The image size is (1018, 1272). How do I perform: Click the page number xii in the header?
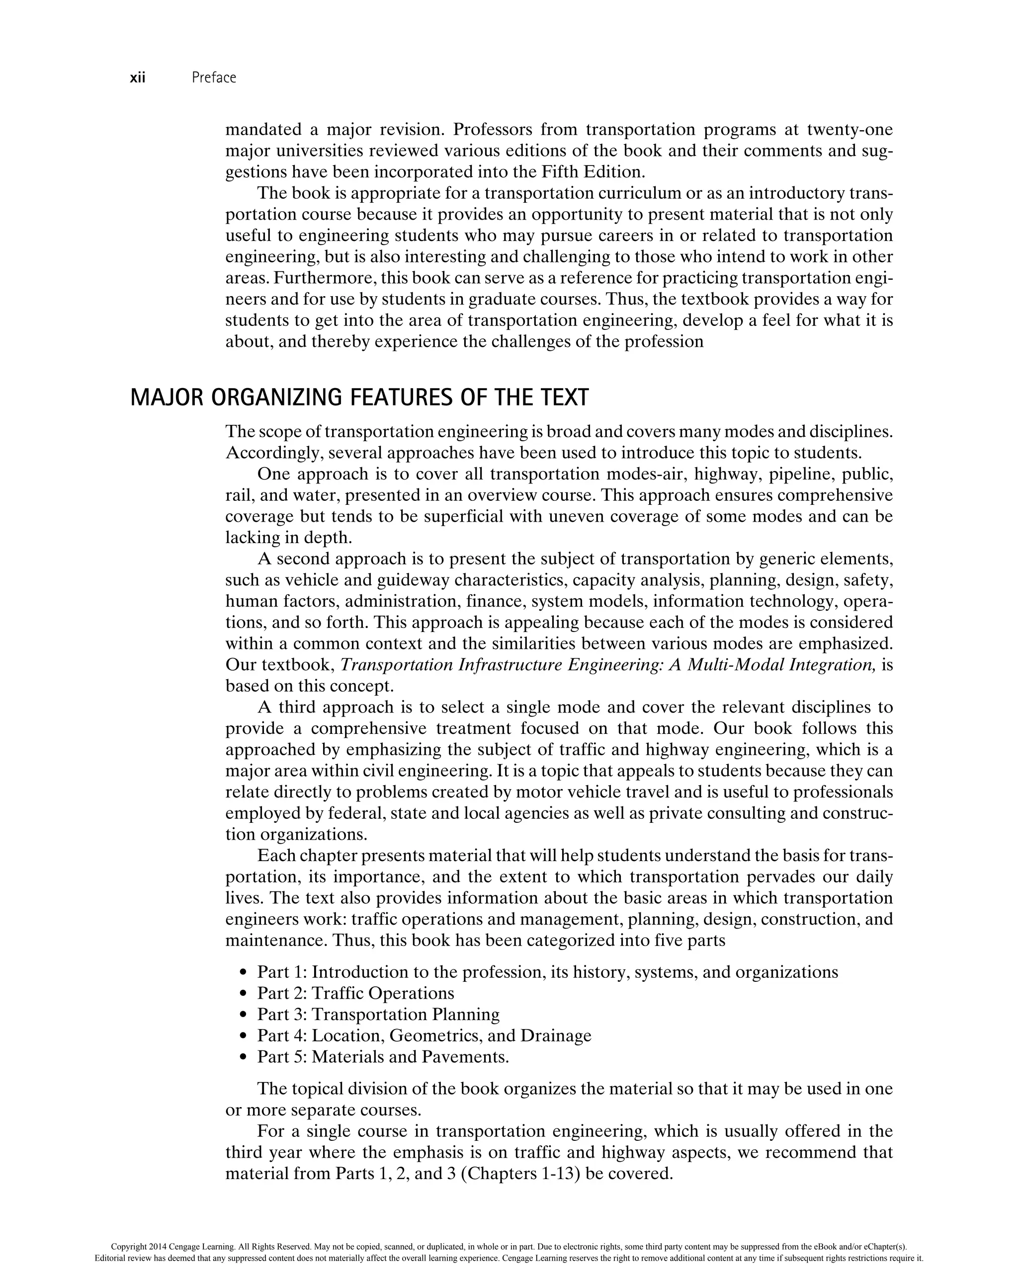pyautogui.click(x=138, y=78)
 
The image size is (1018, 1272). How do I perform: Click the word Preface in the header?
pyautogui.click(x=214, y=78)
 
